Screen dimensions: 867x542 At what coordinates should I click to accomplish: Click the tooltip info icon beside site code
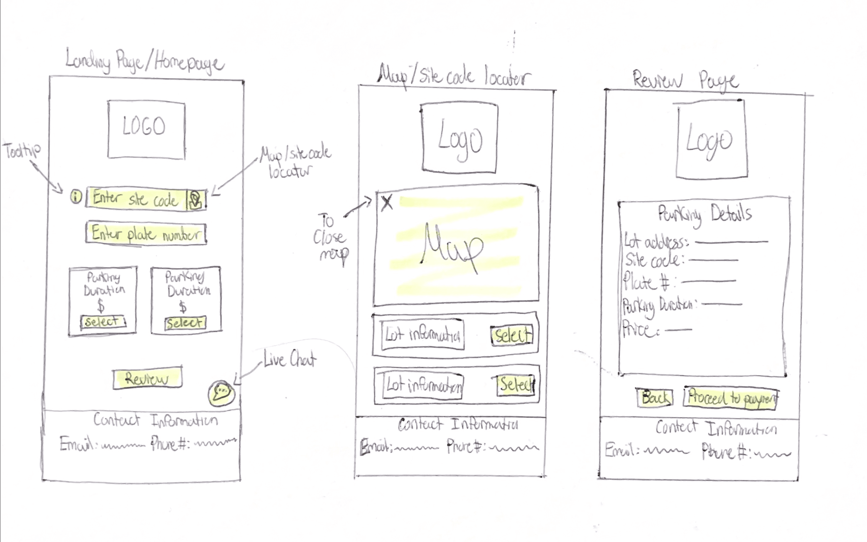pyautogui.click(x=76, y=196)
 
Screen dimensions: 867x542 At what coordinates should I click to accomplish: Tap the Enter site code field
pyautogui.click(x=136, y=199)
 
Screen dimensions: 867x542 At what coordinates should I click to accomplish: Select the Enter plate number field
pyautogui.click(x=146, y=234)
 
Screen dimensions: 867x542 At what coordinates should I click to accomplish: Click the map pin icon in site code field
pyautogui.click(x=196, y=200)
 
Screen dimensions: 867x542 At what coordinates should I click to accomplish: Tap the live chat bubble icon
pyautogui.click(x=222, y=393)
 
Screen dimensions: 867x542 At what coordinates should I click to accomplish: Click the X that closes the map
pyautogui.click(x=387, y=203)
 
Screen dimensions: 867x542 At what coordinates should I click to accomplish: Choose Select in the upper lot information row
pyautogui.click(x=512, y=335)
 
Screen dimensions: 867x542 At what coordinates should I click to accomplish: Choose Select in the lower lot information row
pyautogui.click(x=516, y=385)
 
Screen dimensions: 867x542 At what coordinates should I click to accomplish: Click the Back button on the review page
pyautogui.click(x=655, y=398)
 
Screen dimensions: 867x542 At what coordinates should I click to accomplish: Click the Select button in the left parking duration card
pyautogui.click(x=103, y=322)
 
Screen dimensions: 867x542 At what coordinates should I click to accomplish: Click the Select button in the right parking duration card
pyautogui.click(x=185, y=323)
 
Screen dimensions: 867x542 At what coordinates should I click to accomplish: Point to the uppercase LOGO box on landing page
pyautogui.click(x=146, y=129)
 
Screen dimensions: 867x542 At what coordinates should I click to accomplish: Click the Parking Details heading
pyautogui.click(x=704, y=215)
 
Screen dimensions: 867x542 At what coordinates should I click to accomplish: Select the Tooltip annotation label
pyautogui.click(x=22, y=151)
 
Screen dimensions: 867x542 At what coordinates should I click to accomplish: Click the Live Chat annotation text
pyautogui.click(x=290, y=359)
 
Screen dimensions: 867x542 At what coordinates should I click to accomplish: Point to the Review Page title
pyautogui.click(x=685, y=80)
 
